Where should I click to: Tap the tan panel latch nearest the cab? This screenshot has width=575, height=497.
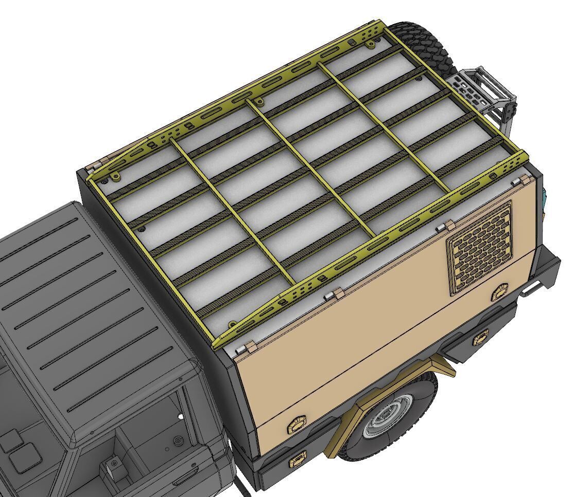pos(298,425)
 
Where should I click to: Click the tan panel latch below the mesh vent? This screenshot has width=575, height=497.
pos(500,292)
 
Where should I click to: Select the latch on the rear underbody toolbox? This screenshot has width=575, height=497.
pos(481,338)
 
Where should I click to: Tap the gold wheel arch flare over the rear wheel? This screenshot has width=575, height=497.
pos(391,391)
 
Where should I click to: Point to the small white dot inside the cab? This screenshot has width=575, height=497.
pos(180,416)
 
